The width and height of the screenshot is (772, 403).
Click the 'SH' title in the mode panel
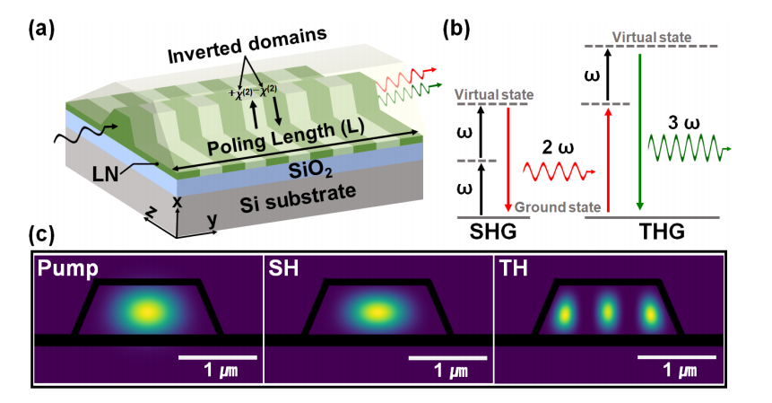click(x=286, y=270)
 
